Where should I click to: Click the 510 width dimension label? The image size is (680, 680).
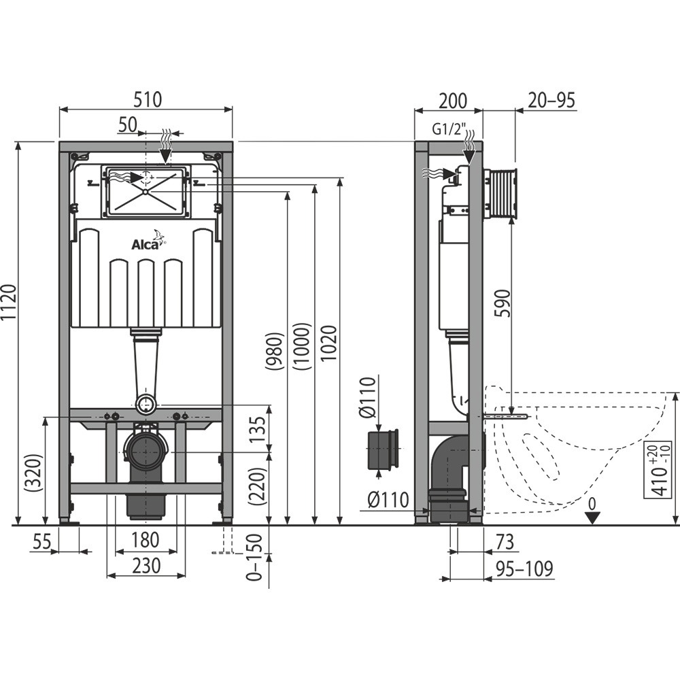[147, 99]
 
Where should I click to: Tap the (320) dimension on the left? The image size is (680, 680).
[38, 471]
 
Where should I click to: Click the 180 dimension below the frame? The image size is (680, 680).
[145, 541]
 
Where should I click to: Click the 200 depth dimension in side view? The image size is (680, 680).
[452, 101]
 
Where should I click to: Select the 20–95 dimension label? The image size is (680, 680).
[551, 101]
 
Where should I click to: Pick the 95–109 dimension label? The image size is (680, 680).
[524, 568]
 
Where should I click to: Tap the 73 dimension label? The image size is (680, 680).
[503, 541]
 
